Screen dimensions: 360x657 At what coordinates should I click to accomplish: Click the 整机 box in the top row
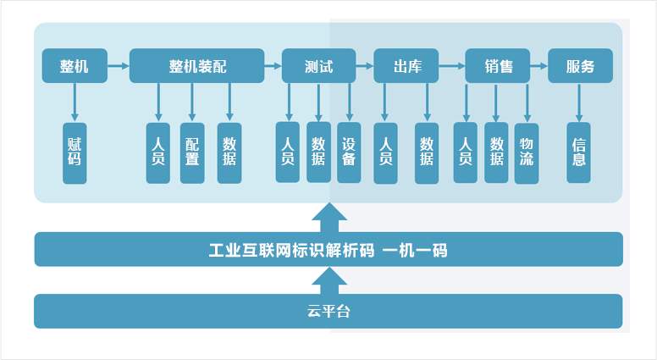(x=75, y=66)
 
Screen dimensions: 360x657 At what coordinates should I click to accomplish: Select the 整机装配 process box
(x=196, y=66)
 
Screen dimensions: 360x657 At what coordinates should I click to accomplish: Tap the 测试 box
(x=318, y=66)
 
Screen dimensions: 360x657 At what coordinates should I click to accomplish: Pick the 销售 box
(x=498, y=66)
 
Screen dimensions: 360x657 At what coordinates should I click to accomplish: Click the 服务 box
(x=580, y=66)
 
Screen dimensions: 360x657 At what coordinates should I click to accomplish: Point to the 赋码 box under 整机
(x=75, y=153)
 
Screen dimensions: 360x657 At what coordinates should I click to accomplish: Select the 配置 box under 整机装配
(x=192, y=153)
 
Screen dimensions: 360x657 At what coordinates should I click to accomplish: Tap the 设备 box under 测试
(x=349, y=152)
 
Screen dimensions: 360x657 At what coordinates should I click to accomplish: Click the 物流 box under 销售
(x=527, y=152)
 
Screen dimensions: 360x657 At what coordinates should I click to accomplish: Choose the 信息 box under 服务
(x=579, y=152)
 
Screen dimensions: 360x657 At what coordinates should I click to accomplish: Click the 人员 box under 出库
(x=385, y=153)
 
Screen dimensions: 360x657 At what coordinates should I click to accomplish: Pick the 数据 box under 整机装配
(x=229, y=153)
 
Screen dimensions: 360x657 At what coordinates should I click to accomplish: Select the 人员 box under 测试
(x=288, y=152)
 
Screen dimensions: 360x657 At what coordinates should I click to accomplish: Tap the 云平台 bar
(x=328, y=311)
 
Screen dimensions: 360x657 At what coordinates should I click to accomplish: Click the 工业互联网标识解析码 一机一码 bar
(x=328, y=250)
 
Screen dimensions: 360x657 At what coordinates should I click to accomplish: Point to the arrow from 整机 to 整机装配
(x=119, y=64)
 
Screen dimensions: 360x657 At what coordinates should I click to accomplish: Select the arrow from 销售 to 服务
(x=539, y=64)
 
